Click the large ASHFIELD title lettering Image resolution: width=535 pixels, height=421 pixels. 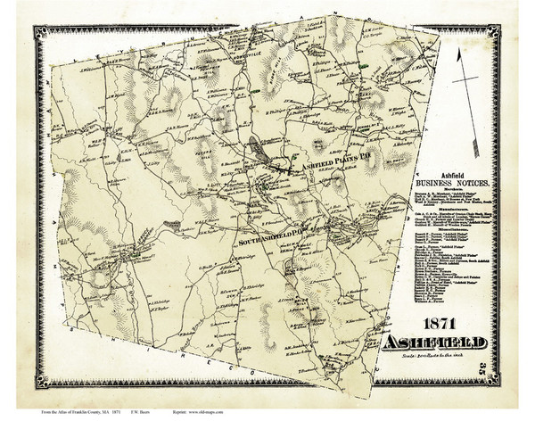(436, 343)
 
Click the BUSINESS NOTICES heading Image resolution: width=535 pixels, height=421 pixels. (454, 182)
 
